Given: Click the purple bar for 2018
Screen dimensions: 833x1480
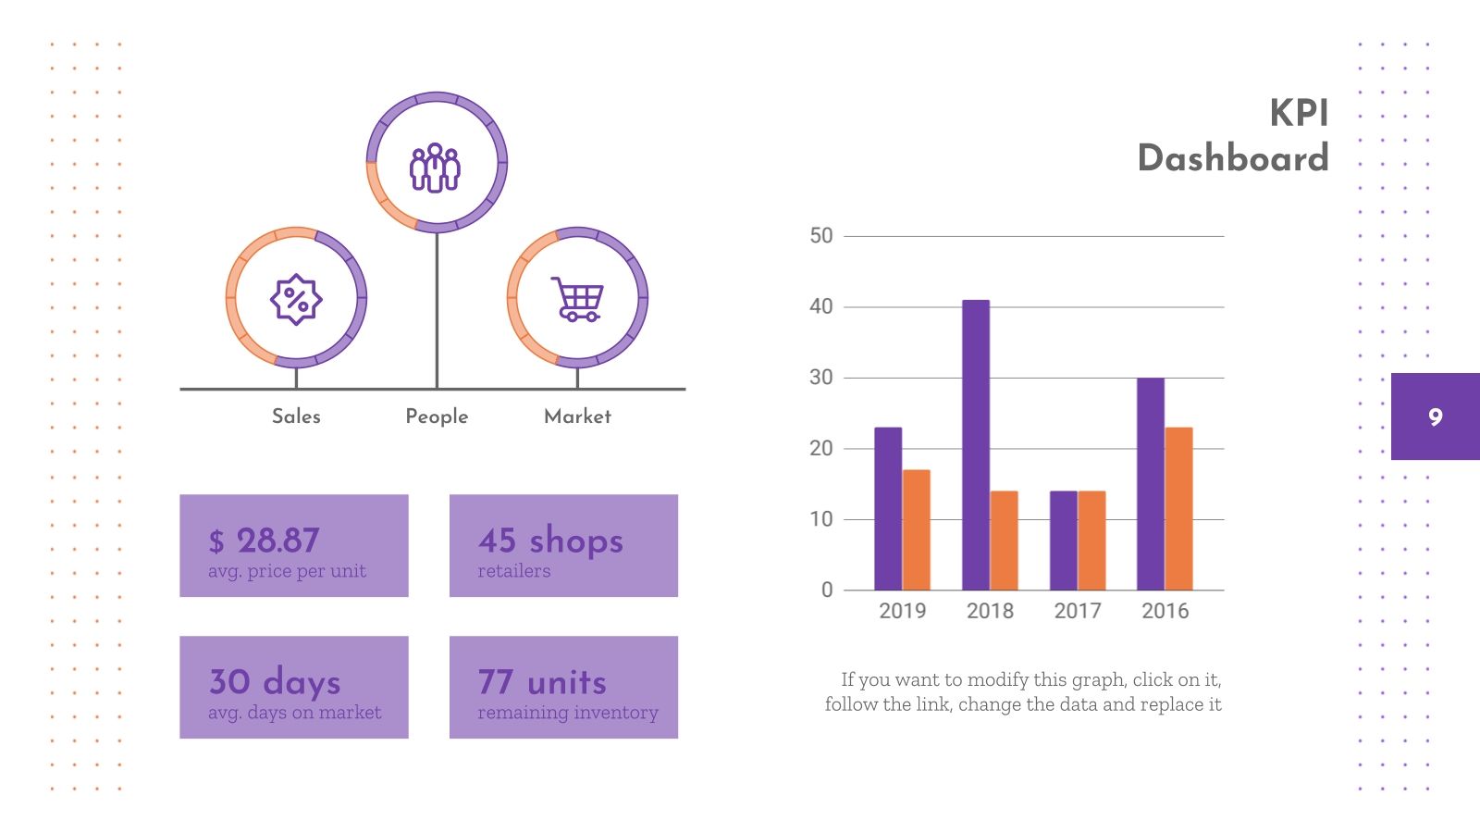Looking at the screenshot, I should pos(976,444).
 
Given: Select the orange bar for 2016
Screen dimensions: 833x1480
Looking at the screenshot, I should pos(1178,509).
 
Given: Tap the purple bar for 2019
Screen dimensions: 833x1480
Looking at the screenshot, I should pos(888,509).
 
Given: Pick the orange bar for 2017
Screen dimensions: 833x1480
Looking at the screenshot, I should pos(1091,541).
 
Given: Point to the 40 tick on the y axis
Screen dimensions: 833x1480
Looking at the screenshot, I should pos(820,306).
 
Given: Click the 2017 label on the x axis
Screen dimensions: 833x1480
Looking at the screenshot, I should pos(1078,611).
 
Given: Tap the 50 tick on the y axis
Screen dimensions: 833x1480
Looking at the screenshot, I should pos(820,236).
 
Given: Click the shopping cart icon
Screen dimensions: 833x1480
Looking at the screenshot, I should pos(577,298).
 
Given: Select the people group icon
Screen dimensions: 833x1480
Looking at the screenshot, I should pos(436,168).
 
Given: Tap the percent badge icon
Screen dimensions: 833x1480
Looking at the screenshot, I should pos(295,299).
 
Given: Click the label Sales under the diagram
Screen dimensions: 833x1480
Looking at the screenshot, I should pos(296,416).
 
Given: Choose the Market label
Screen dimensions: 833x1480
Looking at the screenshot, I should pos(577,416).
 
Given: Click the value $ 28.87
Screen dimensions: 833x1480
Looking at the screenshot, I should pos(265,541).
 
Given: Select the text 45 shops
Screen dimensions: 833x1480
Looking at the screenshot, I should pos(550,541).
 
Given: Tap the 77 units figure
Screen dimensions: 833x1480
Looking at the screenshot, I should pos(542,682).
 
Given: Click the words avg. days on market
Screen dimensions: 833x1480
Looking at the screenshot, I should pos(294,713).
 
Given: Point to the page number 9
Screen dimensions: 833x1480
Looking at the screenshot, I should pos(1435,416).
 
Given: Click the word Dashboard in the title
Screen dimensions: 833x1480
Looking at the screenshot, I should pos(1233,158).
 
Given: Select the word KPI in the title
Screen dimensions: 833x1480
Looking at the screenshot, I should pos(1299,113).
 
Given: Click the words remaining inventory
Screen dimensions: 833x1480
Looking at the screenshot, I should pos(568,713).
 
